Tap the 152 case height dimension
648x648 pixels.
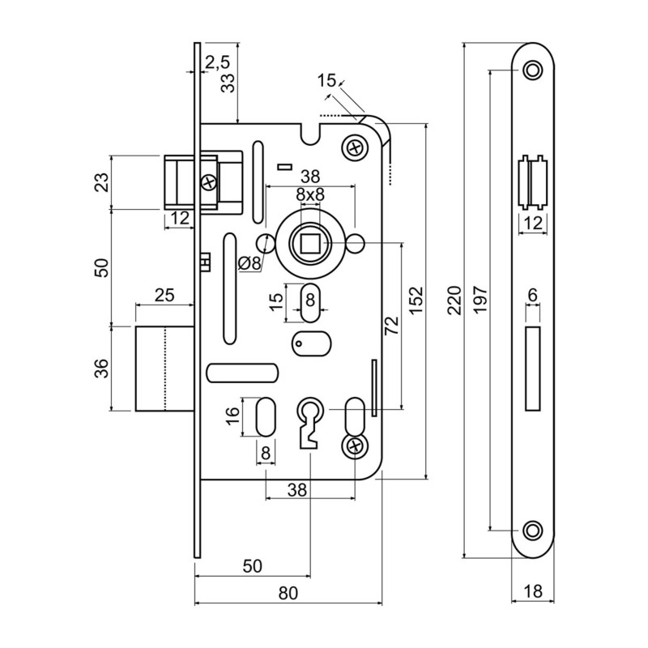pyautogui.click(x=416, y=300)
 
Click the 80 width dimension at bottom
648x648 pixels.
pyautogui.click(x=288, y=592)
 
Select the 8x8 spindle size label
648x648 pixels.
pyautogui.click(x=309, y=194)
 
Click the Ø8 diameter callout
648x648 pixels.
pyautogui.click(x=249, y=262)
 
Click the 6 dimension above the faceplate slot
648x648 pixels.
pyautogui.click(x=532, y=296)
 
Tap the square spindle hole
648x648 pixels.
pyautogui.click(x=310, y=241)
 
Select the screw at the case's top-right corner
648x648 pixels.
pyautogui.click(x=354, y=147)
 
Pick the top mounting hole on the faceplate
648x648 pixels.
pyautogui.click(x=532, y=71)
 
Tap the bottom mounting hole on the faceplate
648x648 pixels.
pyautogui.click(x=532, y=530)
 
